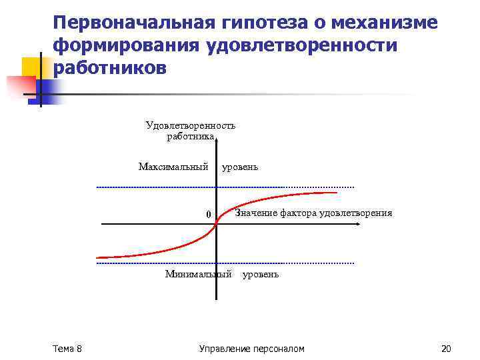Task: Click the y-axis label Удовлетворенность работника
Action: (191, 131)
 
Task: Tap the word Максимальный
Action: (173, 166)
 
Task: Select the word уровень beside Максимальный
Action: (240, 167)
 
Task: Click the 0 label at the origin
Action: (208, 214)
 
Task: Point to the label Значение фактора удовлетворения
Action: (313, 213)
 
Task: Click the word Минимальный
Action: (198, 274)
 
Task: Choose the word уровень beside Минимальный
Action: (261, 274)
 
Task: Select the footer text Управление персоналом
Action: (252, 349)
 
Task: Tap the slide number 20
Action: (446, 349)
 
